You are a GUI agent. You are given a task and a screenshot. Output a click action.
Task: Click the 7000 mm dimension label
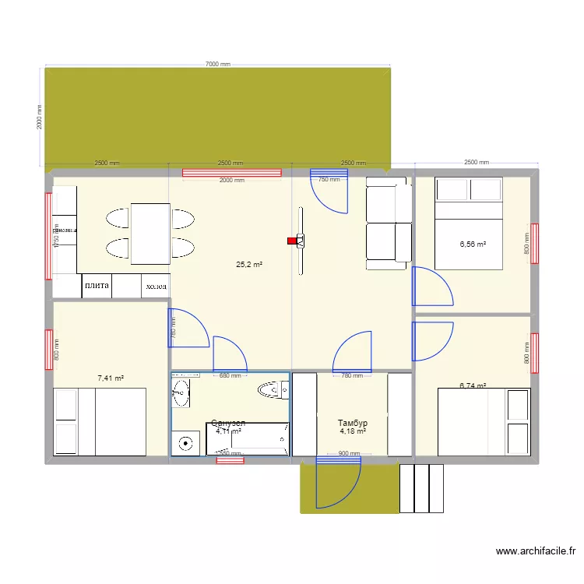tap(218, 65)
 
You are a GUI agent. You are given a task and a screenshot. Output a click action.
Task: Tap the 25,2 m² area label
tap(249, 265)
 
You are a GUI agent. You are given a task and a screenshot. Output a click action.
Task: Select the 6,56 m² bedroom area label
tap(473, 244)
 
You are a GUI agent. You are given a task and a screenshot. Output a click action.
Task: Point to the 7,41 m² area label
tap(111, 378)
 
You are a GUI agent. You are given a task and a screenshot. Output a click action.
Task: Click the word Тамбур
tap(352, 423)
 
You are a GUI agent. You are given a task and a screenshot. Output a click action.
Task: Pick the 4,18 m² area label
tap(353, 431)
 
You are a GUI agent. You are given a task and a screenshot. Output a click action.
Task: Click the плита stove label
tap(97, 286)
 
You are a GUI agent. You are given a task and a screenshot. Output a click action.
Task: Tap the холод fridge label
tap(155, 287)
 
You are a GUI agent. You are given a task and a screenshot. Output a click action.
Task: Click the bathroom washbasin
tap(181, 392)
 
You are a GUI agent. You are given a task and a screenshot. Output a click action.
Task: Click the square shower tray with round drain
tap(186, 442)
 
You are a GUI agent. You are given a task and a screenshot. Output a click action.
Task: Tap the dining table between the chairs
tap(150, 234)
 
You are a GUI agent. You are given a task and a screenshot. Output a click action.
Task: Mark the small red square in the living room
tap(292, 241)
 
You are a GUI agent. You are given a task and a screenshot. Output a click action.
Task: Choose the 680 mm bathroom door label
tap(230, 376)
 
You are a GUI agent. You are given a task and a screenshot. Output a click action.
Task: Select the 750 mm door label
tap(329, 179)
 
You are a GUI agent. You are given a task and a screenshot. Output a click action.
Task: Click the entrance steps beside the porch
tap(421, 488)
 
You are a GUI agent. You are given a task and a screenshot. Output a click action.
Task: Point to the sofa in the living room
tap(388, 223)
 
